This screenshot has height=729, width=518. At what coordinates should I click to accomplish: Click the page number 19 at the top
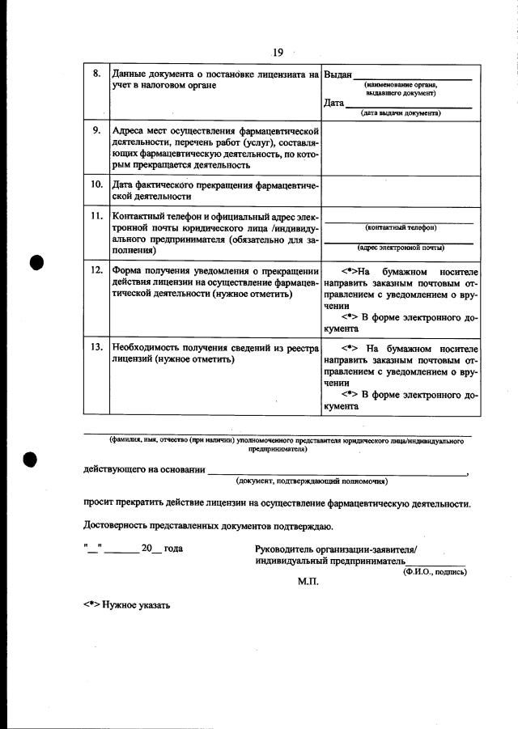point(278,53)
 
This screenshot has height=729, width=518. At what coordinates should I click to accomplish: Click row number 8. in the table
point(96,74)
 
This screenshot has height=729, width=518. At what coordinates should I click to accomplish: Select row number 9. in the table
point(96,130)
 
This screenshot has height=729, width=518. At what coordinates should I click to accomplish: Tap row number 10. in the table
point(96,184)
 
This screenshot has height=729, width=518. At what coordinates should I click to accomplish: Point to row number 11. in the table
point(96,217)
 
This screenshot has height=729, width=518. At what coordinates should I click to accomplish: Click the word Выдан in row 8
point(338,74)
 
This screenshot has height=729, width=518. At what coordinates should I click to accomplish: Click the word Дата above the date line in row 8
point(333,104)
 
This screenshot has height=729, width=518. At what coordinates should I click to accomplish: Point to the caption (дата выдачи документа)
point(401,113)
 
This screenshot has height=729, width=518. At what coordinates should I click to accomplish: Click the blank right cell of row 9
point(401,147)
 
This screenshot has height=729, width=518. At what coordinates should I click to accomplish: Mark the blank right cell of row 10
point(401,190)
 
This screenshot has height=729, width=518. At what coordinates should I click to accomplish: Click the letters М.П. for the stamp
point(308,581)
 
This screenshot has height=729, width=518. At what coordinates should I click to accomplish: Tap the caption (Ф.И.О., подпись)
point(435,571)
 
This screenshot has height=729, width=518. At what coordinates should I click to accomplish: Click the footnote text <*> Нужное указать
point(126,604)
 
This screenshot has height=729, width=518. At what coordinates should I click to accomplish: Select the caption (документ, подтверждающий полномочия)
point(312,481)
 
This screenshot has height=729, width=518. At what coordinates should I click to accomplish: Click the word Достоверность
point(121,526)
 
